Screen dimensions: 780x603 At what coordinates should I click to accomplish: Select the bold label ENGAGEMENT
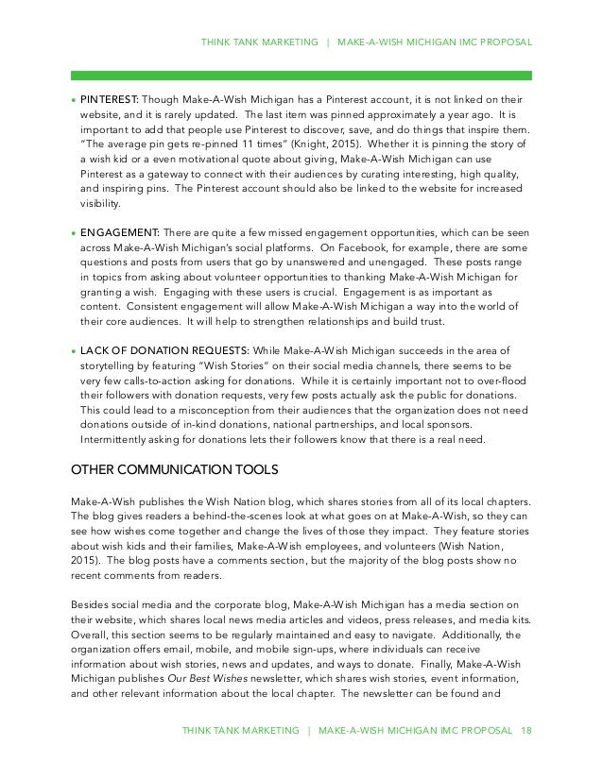pos(117,232)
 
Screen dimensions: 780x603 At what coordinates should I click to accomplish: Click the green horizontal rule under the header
pos(301,75)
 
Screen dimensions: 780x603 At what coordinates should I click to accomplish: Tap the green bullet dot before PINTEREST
pos(73,100)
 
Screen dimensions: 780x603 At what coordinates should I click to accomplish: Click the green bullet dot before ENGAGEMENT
pos(73,233)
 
